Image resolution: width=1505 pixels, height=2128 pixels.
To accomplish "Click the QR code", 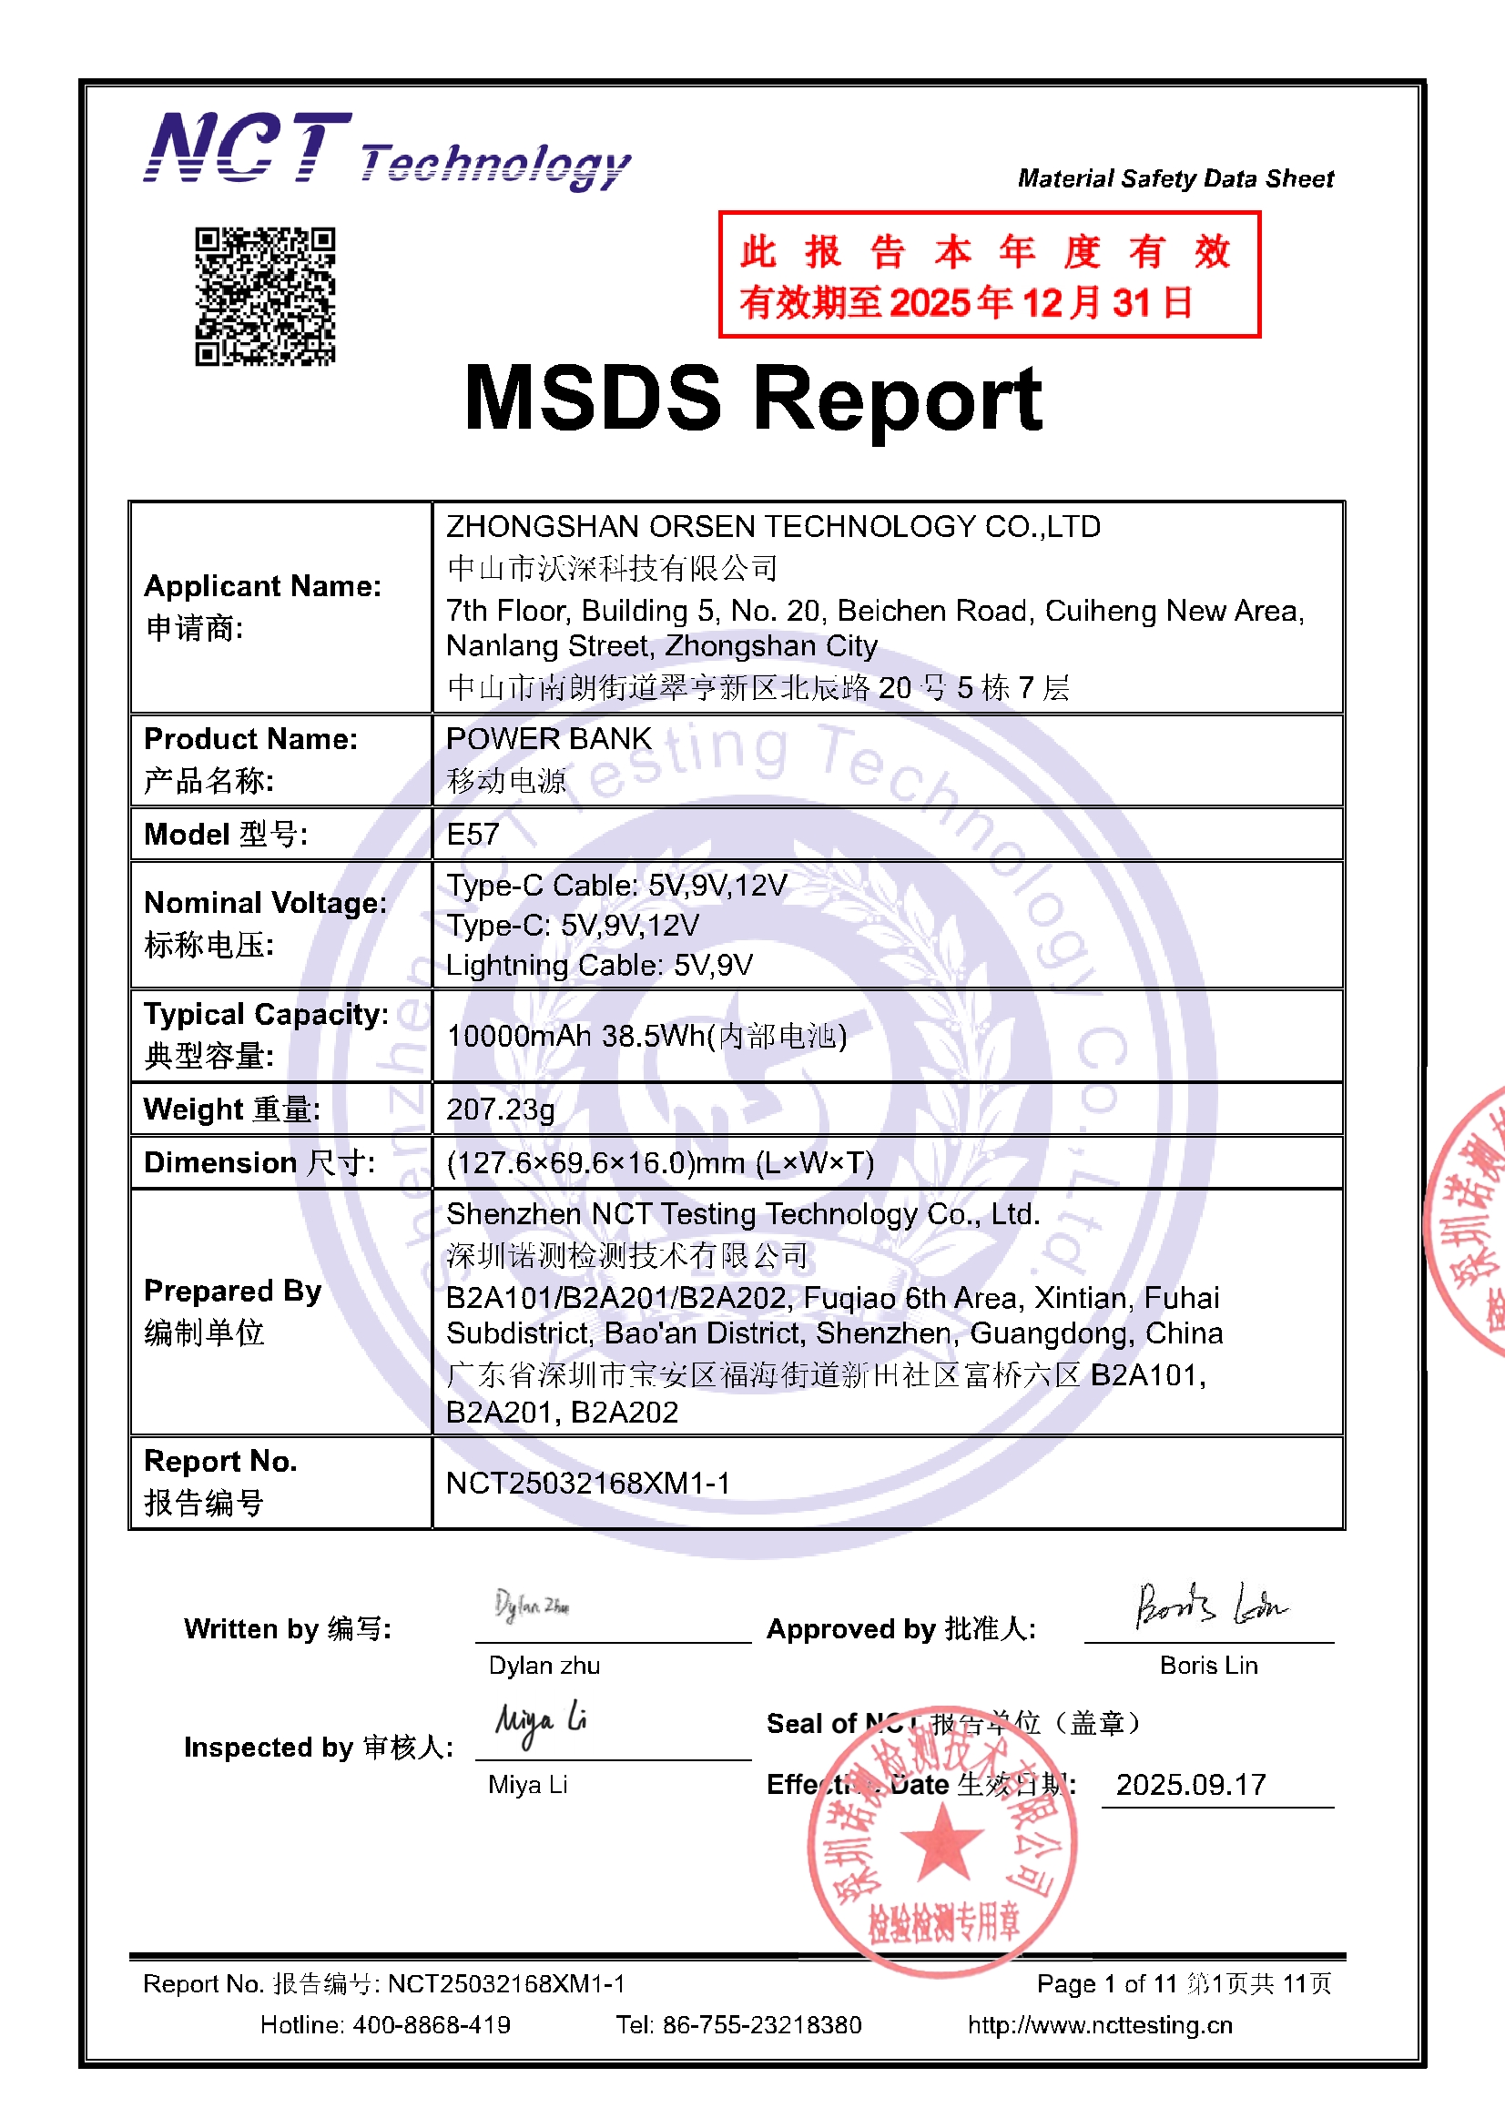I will pyautogui.click(x=264, y=297).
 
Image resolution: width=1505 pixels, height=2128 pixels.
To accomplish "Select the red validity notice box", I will pyautogui.click(x=989, y=274).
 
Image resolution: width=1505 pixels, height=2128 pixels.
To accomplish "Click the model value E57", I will pyautogui.click(x=473, y=834).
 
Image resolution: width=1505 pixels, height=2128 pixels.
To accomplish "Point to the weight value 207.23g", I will pyautogui.click(x=501, y=1109).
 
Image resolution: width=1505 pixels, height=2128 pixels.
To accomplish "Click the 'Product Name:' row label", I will pyautogui.click(x=250, y=739).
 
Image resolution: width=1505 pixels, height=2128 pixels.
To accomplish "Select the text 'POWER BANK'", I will pyautogui.click(x=549, y=739).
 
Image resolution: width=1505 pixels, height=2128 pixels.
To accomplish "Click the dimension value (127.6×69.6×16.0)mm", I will pyautogui.click(x=660, y=1162).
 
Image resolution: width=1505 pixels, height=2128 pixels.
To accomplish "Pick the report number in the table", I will pyautogui.click(x=588, y=1483).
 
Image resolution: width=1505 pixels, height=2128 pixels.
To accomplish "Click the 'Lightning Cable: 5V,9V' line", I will pyautogui.click(x=599, y=965).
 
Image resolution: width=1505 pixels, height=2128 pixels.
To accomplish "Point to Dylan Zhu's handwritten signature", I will pyautogui.click(x=533, y=1605).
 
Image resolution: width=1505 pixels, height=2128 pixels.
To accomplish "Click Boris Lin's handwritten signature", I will pyautogui.click(x=1211, y=1606).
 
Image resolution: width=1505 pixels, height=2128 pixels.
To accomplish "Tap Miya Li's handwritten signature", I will pyautogui.click(x=541, y=1722).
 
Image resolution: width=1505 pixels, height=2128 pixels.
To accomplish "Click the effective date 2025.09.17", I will pyautogui.click(x=1191, y=1784).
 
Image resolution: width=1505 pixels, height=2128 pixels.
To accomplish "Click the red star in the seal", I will pyautogui.click(x=941, y=1841).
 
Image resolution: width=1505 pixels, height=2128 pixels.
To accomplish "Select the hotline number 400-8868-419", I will pyautogui.click(x=432, y=2025).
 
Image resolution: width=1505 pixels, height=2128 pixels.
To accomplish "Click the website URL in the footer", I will pyautogui.click(x=1100, y=2025).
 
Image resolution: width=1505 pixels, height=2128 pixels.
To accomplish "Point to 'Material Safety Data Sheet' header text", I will pyautogui.click(x=1175, y=178).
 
